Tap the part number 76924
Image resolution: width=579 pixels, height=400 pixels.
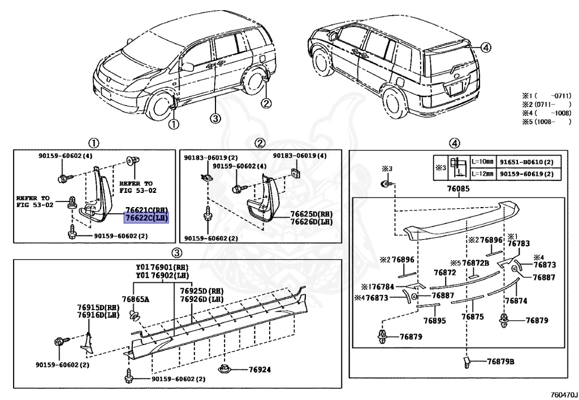pyautogui.click(x=260, y=370)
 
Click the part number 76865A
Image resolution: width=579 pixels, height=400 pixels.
pyautogui.click(x=135, y=299)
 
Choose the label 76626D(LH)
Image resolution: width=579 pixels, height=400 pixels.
pyautogui.click(x=312, y=222)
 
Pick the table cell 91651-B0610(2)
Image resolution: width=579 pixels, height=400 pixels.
pyautogui.click(x=525, y=161)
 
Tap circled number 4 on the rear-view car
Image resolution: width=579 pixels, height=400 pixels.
pyautogui.click(x=487, y=48)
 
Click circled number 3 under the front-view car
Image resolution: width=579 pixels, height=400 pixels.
pyautogui.click(x=214, y=118)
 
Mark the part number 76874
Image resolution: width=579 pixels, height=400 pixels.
pyautogui.click(x=515, y=300)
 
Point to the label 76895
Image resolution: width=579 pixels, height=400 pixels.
pyautogui.click(x=434, y=320)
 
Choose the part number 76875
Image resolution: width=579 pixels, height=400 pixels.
pyautogui.click(x=472, y=317)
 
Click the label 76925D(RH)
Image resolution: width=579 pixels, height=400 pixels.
pyautogui.click(x=201, y=291)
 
